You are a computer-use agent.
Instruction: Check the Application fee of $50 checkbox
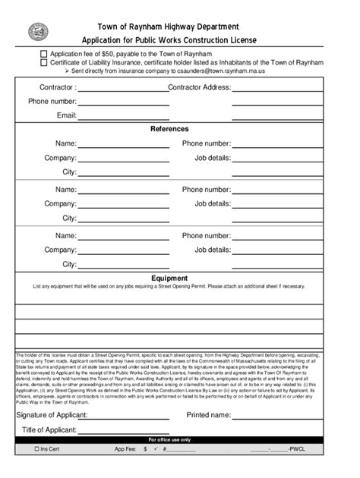tap(43, 55)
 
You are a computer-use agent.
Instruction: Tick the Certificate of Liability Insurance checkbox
tap(43, 63)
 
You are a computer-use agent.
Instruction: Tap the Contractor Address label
tap(199, 88)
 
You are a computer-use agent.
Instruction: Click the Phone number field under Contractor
tap(122, 102)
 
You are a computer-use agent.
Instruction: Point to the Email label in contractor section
tap(67, 115)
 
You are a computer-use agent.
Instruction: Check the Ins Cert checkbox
tap(36, 449)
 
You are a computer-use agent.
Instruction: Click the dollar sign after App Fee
tap(145, 449)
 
